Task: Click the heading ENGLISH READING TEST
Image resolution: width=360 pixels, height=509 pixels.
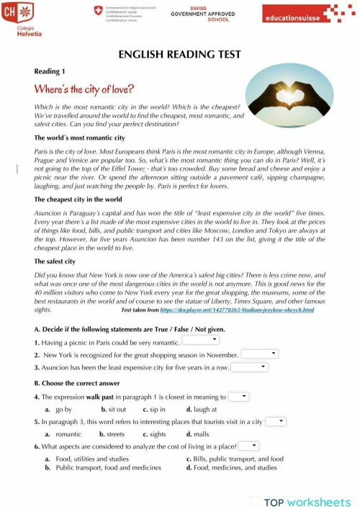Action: [179, 56]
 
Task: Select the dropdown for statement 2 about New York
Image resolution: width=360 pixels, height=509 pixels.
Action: [259, 353]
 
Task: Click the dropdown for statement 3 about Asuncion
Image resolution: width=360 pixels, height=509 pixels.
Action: [249, 366]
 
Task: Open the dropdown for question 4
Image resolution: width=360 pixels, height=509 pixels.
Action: [238, 396]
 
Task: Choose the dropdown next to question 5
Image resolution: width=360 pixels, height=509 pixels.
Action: [275, 421]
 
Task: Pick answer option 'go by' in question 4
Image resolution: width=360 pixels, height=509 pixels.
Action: [63, 409]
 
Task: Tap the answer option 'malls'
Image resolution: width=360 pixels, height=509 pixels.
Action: [201, 434]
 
